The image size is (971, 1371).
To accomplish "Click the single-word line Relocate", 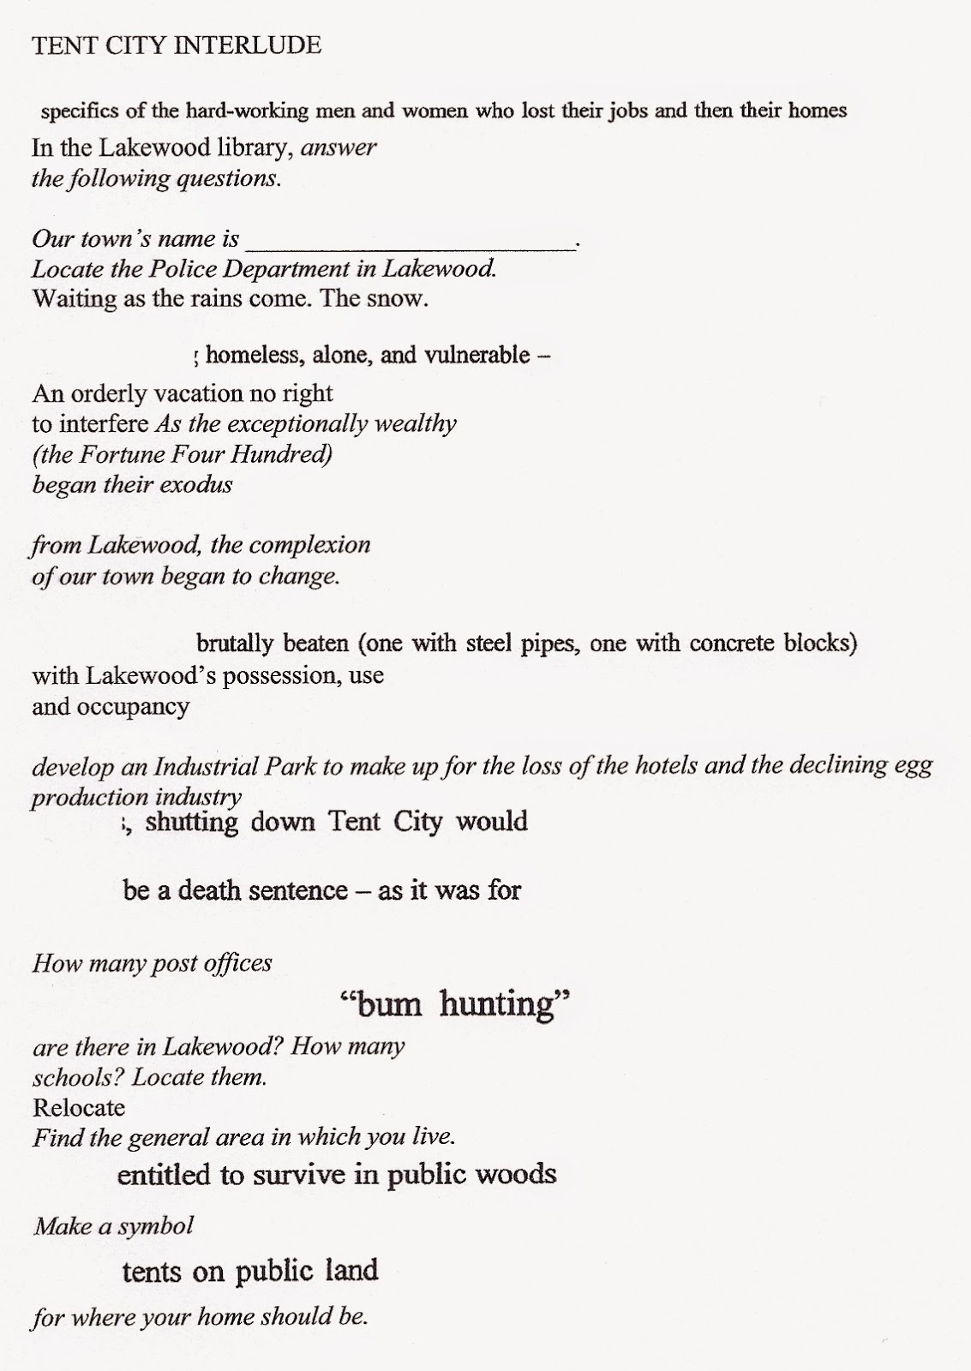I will [x=79, y=1107].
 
